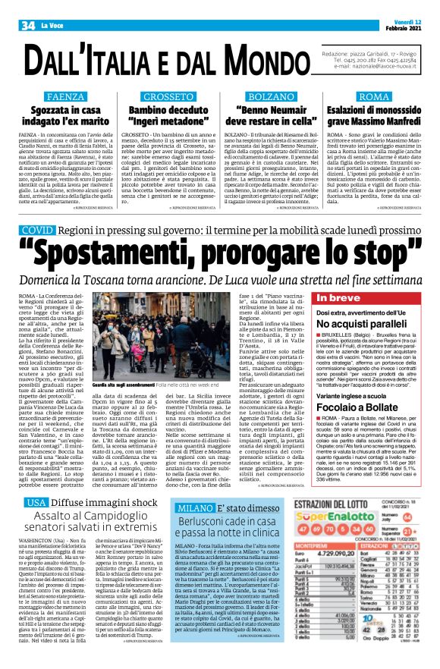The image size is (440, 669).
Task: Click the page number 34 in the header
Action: (29, 7)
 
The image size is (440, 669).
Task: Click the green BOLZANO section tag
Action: (272, 98)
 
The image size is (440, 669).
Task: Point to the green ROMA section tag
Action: (374, 98)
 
